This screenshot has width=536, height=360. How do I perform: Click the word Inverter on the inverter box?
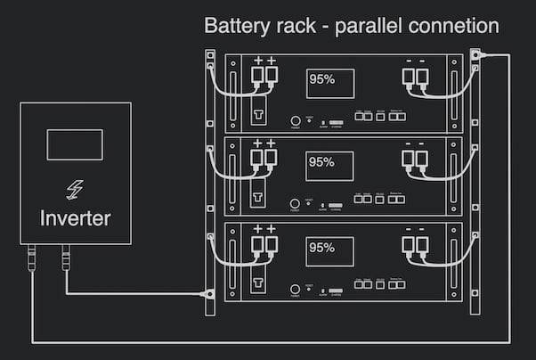coord(76,217)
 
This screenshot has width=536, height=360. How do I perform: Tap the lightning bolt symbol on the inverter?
coord(76,189)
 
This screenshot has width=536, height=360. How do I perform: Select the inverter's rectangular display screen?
coord(75,144)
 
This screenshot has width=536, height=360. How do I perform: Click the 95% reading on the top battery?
coord(322,78)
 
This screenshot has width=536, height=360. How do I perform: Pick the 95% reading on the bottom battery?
coord(322,246)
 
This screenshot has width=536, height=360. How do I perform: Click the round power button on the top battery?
coord(295,121)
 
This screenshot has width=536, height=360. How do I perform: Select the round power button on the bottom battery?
coord(295,289)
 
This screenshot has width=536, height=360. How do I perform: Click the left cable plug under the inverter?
coord(32,259)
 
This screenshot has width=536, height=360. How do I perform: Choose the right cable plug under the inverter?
coord(66,259)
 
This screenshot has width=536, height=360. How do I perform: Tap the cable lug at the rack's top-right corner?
coord(476,56)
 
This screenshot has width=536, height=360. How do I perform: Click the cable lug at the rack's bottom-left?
coord(209,292)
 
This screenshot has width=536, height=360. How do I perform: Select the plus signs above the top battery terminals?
coord(264,60)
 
